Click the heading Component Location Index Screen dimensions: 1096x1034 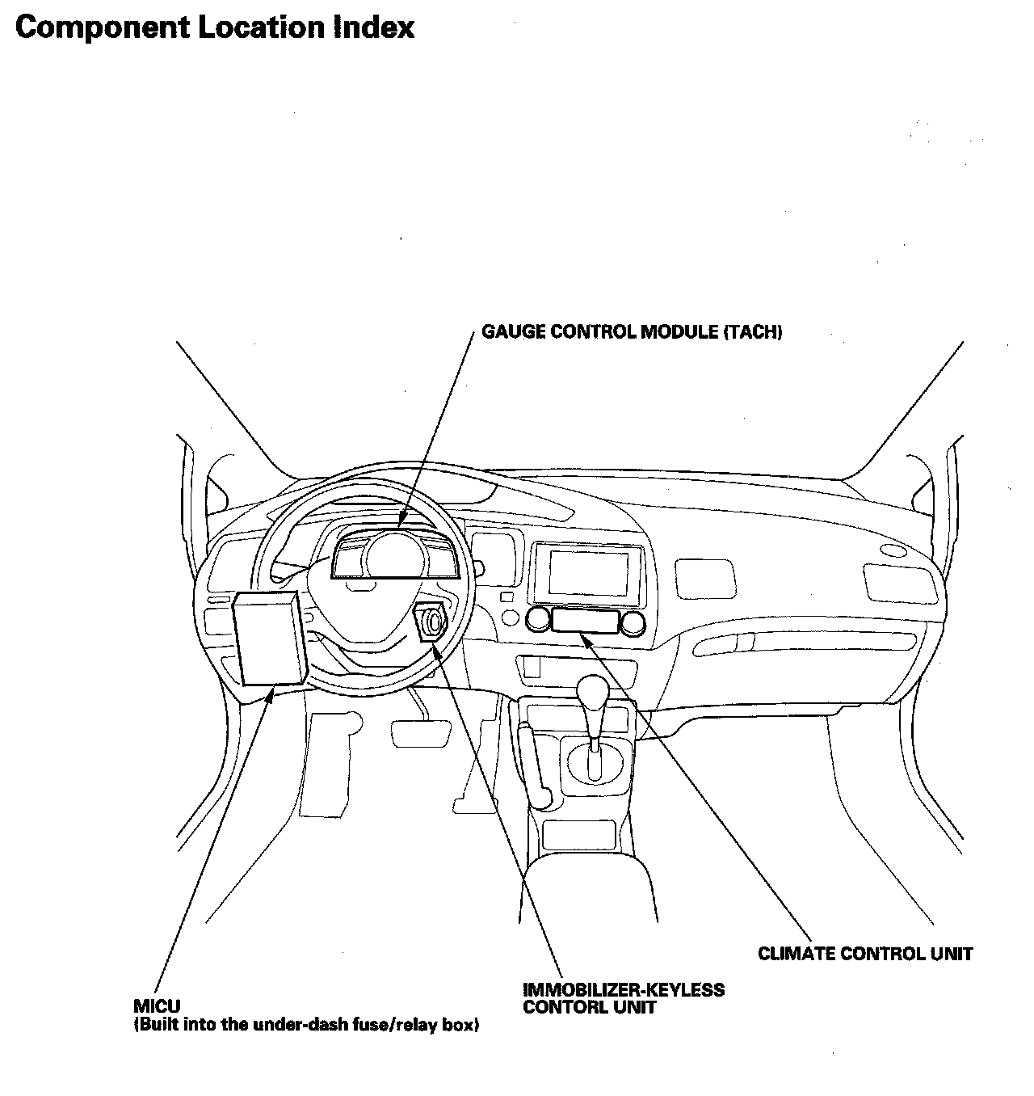tap(215, 27)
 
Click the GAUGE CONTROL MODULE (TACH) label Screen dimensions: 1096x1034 tap(632, 332)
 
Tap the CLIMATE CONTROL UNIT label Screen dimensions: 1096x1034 tap(865, 954)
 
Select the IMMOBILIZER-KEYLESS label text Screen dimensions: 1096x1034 tap(624, 989)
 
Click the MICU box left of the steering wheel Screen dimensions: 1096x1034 tap(269, 639)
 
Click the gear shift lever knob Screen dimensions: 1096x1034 tap(594, 692)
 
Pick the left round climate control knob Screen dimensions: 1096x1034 tap(537, 621)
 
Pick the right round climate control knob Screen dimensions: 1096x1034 tap(634, 621)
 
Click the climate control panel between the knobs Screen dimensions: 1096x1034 tap(586, 622)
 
